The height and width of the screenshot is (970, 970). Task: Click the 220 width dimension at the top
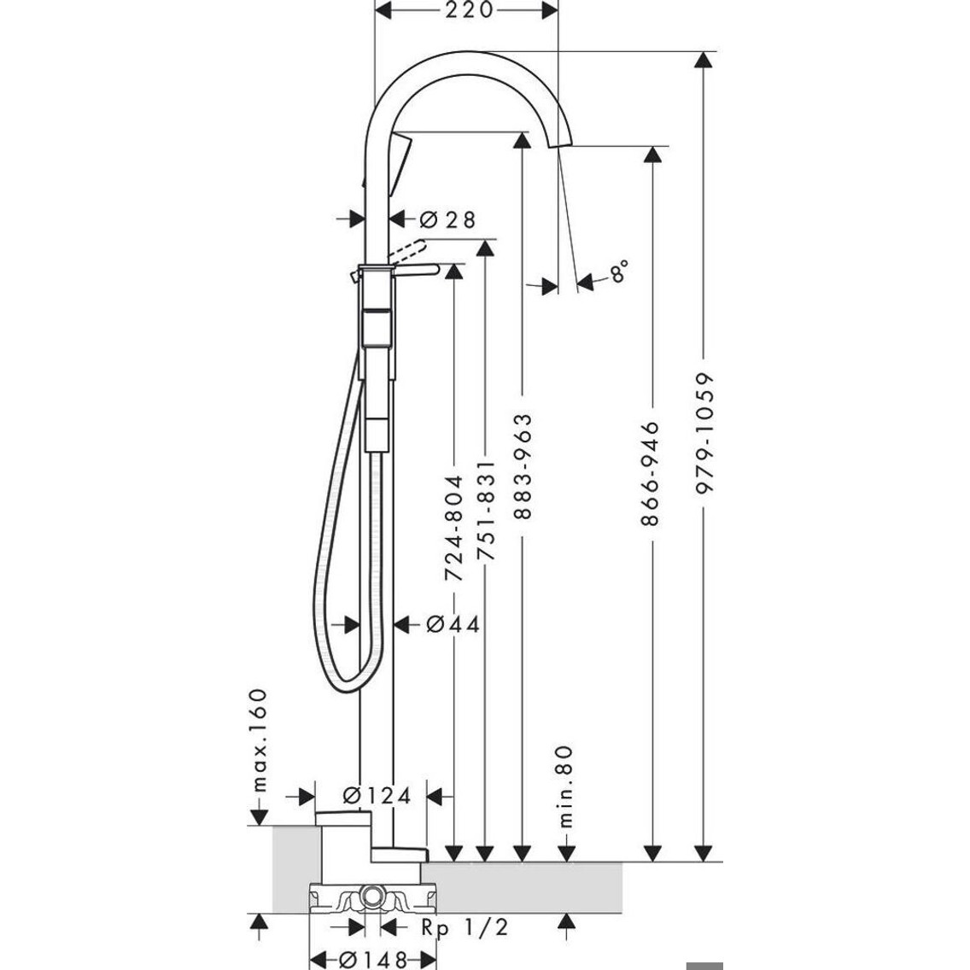[x=468, y=9]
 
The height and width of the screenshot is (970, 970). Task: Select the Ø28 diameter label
[x=447, y=219]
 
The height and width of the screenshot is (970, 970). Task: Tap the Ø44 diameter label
[x=453, y=624]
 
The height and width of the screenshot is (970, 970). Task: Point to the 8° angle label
[x=619, y=272]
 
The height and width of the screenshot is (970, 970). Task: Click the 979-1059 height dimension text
[x=704, y=432]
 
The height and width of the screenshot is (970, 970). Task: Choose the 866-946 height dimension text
[x=650, y=474]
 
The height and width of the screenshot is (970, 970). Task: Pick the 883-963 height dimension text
[x=523, y=466]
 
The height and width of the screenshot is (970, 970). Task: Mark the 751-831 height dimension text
[x=487, y=510]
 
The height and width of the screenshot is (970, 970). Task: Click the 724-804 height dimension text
[x=454, y=528]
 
